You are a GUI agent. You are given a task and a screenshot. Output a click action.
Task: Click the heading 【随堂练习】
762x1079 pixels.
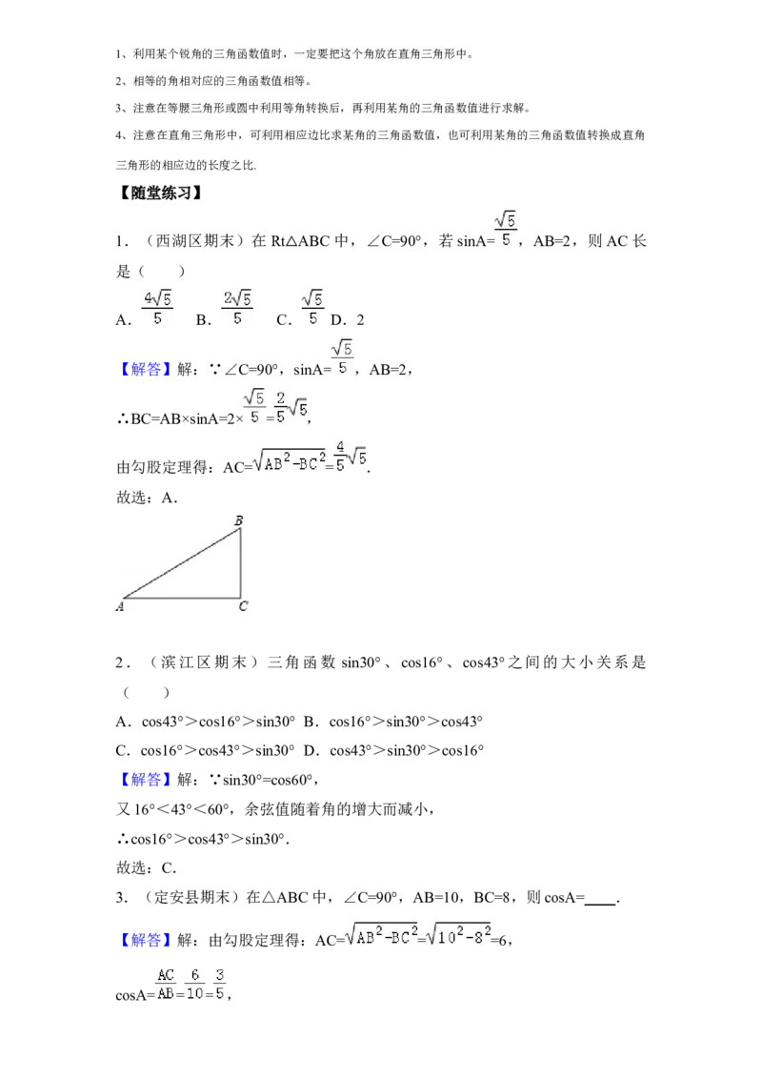point(160,193)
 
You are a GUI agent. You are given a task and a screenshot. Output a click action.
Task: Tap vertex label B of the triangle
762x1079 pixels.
point(239,520)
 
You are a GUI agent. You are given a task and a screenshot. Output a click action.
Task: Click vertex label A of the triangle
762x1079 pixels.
point(120,607)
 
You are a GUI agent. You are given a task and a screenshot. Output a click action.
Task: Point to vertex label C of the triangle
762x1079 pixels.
point(243,606)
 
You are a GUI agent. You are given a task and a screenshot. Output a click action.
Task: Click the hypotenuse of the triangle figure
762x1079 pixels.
point(182,563)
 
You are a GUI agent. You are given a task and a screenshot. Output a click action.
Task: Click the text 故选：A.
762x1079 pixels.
point(148,498)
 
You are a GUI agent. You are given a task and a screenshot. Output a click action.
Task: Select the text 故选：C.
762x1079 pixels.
point(147,867)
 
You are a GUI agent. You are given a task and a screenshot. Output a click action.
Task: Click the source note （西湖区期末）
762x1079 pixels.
point(194,241)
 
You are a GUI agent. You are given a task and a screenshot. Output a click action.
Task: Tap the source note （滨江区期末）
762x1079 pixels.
point(204,662)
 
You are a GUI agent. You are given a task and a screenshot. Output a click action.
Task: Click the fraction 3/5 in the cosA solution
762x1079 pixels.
point(219,984)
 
